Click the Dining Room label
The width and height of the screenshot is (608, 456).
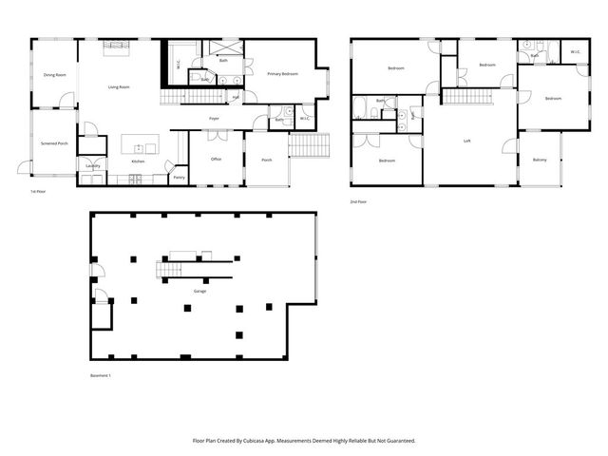coord(54,74)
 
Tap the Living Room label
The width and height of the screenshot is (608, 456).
coord(119,86)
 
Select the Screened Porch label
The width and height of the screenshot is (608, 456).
coord(55,143)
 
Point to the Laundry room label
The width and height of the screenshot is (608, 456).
coord(92,165)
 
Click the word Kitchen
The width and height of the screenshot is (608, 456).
coord(138,162)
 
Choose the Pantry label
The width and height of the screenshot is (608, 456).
coord(179,177)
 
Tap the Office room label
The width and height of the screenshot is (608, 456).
coord(216,159)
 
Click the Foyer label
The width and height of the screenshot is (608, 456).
coord(216,118)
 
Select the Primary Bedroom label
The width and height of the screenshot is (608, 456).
coord(283,73)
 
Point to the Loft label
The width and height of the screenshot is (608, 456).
coord(466,142)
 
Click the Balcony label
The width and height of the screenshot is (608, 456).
coord(540,159)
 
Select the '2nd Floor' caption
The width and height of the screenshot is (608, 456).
coord(359,203)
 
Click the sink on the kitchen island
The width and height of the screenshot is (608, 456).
coord(139,148)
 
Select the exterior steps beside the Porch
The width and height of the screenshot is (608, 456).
coord(309,145)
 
